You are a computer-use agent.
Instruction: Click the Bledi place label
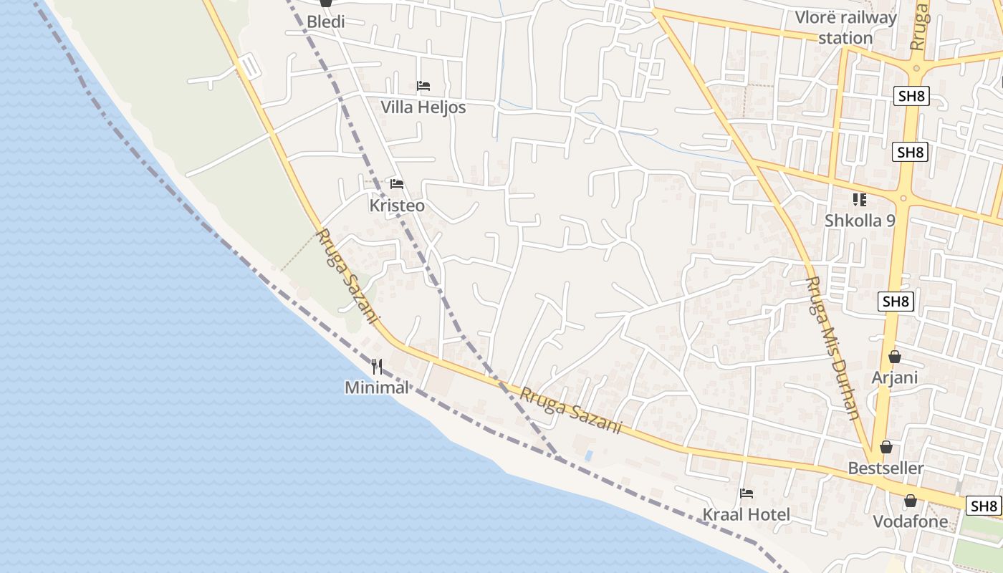pos(326,21)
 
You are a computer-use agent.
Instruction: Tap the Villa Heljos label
pos(423,107)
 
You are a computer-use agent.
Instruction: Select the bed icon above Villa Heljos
pos(423,86)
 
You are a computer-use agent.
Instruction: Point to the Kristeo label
pos(397,206)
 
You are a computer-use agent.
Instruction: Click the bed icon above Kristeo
pos(397,184)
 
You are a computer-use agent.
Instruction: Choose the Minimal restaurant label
pos(377,387)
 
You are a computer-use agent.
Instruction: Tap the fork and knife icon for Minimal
pos(377,367)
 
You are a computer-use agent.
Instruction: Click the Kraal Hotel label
pos(747,514)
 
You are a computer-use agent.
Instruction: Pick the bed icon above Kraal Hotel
pos(747,493)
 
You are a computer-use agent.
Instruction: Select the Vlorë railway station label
pos(845,27)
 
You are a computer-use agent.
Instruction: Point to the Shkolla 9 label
pos(860,221)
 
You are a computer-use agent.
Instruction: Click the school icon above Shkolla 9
pos(860,200)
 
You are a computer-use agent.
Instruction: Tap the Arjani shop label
pos(895,377)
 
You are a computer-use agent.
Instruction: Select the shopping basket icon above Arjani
pos(895,357)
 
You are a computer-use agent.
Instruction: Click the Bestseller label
pos(886,468)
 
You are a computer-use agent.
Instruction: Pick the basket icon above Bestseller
pos(886,447)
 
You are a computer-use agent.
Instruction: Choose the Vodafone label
pos(910,521)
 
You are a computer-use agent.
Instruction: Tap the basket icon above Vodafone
pos(910,501)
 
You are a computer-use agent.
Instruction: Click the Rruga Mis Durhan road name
pos(833,347)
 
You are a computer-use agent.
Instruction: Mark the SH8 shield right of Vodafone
pos(983,506)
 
